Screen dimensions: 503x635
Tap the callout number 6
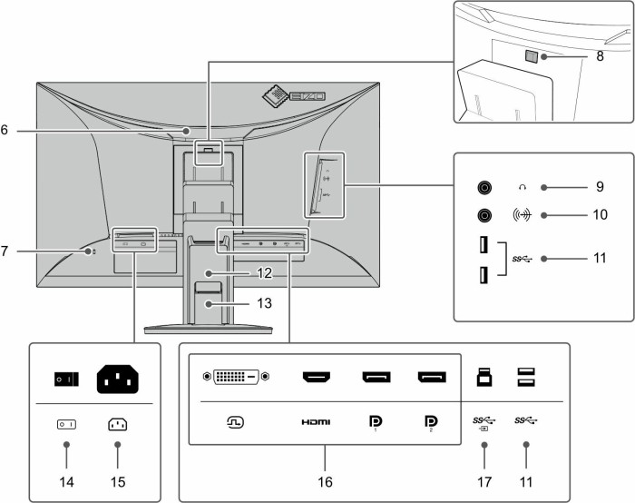pos(6,131)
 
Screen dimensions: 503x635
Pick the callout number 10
pos(600,216)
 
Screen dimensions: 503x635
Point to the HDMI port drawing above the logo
pos(317,376)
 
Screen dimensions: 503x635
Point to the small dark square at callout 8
pos(532,56)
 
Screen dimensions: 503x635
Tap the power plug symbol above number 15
pos(117,423)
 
